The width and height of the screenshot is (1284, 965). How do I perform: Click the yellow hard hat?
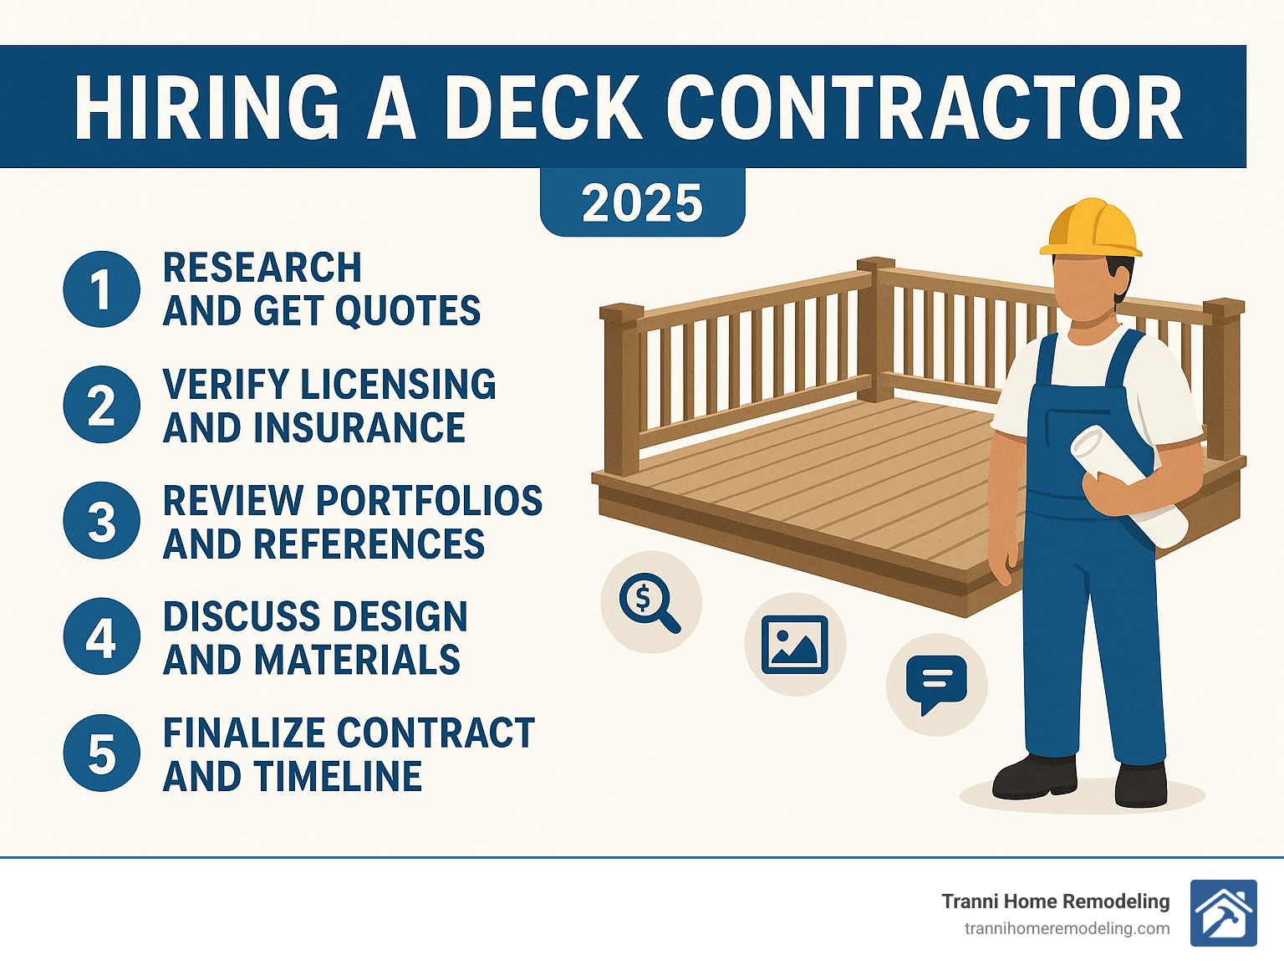[x=1090, y=227]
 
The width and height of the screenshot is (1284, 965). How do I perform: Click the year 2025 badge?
[x=642, y=203]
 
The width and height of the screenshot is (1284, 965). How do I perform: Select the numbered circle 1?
[x=101, y=289]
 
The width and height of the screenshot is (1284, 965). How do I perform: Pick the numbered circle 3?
[x=101, y=521]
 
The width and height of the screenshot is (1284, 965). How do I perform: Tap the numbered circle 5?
[x=101, y=753]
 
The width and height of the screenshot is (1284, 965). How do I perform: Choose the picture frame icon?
[x=794, y=644]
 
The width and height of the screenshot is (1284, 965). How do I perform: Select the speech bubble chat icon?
[x=936, y=684]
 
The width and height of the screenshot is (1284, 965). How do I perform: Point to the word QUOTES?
[x=408, y=311]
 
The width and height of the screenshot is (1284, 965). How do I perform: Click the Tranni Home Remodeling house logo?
[x=1223, y=913]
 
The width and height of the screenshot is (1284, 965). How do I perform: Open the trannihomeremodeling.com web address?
[x=1067, y=929]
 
